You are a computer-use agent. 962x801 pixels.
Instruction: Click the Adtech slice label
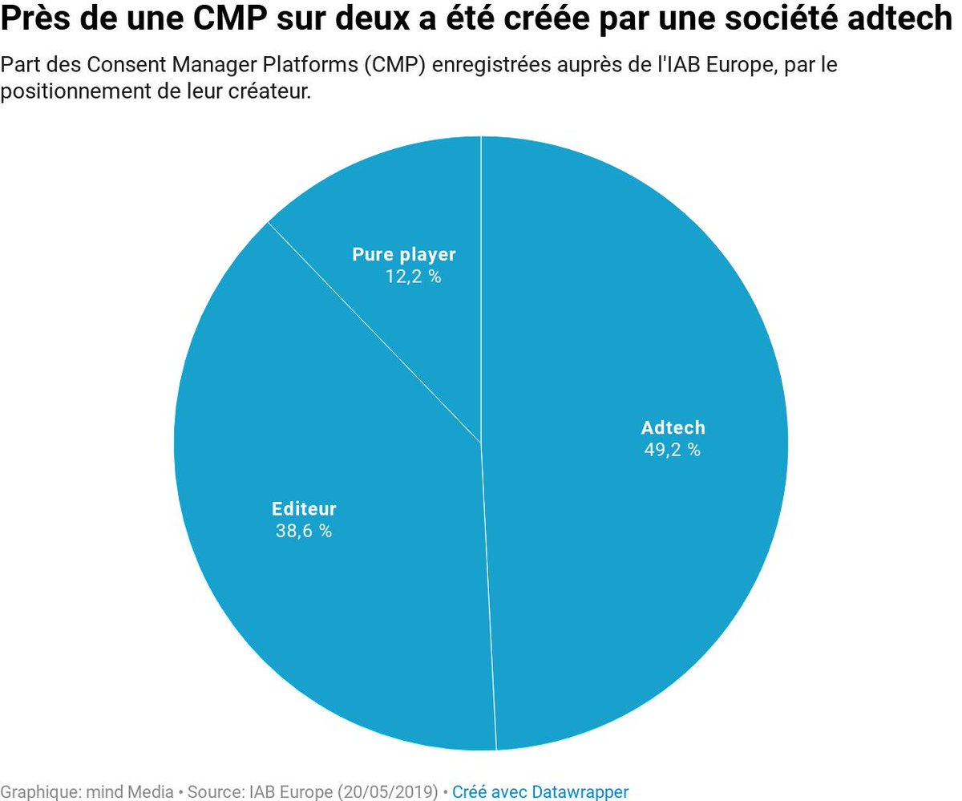(673, 427)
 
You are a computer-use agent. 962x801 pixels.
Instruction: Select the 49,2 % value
(673, 450)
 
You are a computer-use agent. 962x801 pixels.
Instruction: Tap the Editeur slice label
(304, 508)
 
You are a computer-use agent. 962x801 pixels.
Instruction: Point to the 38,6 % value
(304, 531)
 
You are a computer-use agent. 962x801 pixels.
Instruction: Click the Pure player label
(404, 254)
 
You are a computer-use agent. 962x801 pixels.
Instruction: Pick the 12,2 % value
(413, 277)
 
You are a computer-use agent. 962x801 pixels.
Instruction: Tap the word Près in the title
(31, 21)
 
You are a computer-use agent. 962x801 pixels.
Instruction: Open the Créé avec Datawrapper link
(540, 791)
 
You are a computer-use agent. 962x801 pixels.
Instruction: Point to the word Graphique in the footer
(38, 791)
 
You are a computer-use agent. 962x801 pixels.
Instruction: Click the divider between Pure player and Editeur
(374, 332)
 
